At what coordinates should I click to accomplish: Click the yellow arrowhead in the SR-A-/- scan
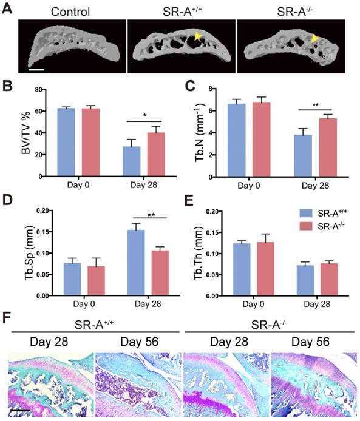tap(314, 39)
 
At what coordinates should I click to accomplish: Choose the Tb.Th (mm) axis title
tap(194, 254)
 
